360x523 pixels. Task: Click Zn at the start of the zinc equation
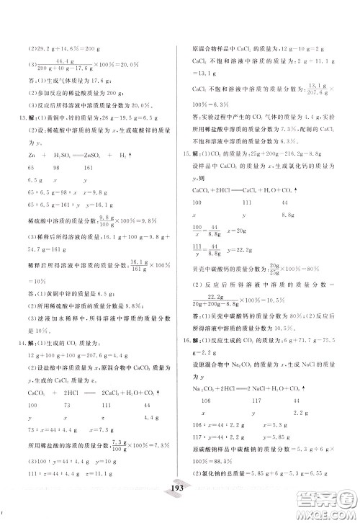tap(31, 175)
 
